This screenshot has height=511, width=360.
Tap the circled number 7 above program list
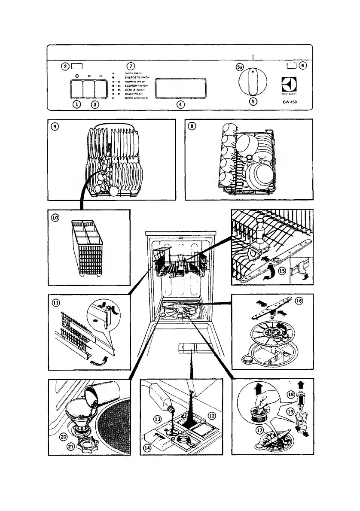pyautogui.click(x=131, y=66)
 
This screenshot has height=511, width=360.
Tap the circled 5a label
pyautogui.click(x=241, y=67)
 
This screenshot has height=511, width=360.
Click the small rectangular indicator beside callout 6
pyautogui.click(x=292, y=65)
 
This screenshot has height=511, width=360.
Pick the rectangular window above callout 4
pyautogui.click(x=180, y=88)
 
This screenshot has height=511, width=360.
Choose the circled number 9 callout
pyautogui.click(x=55, y=127)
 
